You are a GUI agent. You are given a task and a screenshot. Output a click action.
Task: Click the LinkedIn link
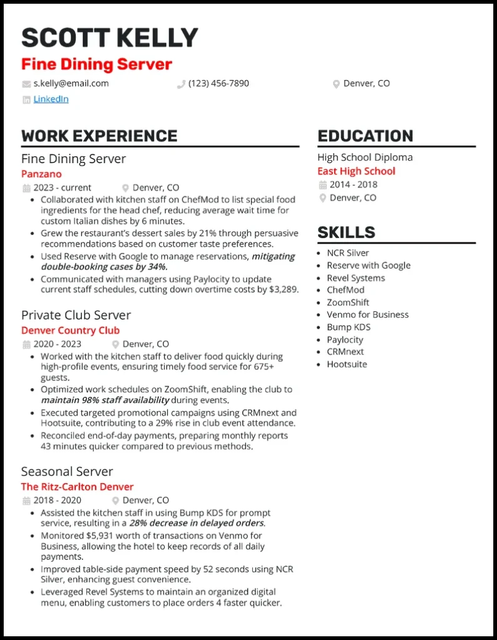pos(51,99)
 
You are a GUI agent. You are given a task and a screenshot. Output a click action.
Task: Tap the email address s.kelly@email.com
pos(71,83)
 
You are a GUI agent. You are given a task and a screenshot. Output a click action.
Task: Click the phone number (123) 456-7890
pos(218,83)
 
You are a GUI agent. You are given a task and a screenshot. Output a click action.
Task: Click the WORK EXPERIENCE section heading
pos(99,136)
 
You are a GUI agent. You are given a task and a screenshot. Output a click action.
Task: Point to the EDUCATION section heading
pos(365,136)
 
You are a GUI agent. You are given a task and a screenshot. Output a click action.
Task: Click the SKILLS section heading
pos(346,232)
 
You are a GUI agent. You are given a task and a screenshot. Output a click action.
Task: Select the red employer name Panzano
pos(41,174)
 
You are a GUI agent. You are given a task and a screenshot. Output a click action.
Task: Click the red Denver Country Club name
pos(70,330)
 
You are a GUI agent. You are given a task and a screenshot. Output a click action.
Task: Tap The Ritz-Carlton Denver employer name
pos(77,486)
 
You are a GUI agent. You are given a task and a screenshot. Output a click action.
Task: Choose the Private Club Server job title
pos(76,315)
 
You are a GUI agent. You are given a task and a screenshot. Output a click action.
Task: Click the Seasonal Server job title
pos(67,471)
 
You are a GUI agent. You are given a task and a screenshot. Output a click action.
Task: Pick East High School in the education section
pos(356,171)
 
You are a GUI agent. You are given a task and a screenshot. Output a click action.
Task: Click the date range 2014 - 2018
pos(354,184)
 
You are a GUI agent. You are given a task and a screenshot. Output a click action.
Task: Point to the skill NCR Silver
pos(348,252)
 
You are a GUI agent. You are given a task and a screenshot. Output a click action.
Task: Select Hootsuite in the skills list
pos(347,364)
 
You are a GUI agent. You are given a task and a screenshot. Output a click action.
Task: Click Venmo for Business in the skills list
pos(367,314)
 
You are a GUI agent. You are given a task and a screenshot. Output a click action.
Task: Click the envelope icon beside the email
pos(26,84)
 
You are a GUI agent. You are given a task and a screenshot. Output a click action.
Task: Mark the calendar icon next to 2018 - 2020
pos(26,501)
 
